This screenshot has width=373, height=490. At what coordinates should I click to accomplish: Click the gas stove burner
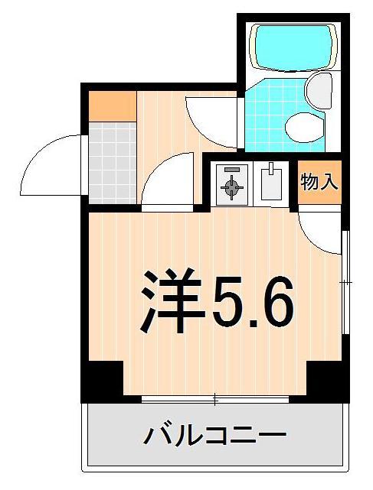point(231,185)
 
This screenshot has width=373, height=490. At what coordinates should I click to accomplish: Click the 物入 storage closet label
point(319,183)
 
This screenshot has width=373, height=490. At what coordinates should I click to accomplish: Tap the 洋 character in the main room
point(169,300)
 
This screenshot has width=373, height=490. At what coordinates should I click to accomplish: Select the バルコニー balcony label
point(214,436)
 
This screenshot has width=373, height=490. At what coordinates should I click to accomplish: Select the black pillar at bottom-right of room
point(327,380)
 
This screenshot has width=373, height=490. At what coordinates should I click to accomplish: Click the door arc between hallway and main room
point(170,182)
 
